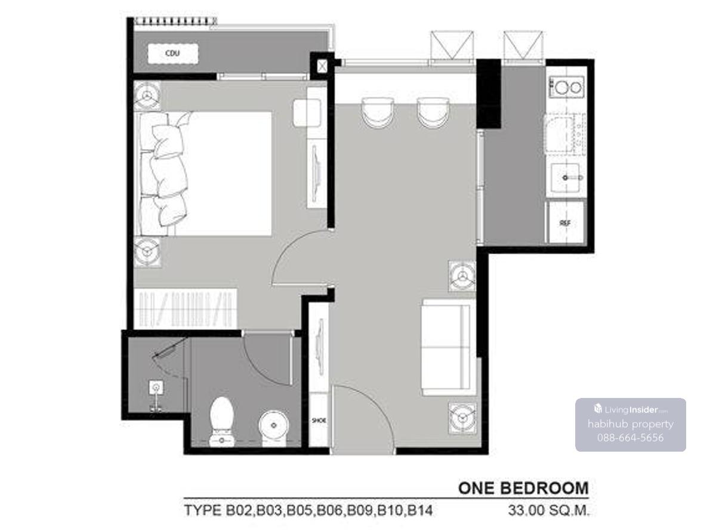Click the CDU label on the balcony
[172, 53]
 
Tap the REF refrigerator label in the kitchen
[565, 223]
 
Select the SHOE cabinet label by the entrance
[319, 421]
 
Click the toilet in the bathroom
[221, 422]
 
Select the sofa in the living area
[449, 347]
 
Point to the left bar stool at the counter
[378, 113]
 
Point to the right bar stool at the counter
[433, 113]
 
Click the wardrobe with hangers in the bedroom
[186, 309]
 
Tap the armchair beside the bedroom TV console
[307, 113]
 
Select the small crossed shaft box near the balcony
[322, 66]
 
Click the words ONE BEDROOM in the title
[523, 488]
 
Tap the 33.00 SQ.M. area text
[548, 510]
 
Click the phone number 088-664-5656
[630, 438]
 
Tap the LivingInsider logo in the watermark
[630, 409]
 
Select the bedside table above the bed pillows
[147, 95]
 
